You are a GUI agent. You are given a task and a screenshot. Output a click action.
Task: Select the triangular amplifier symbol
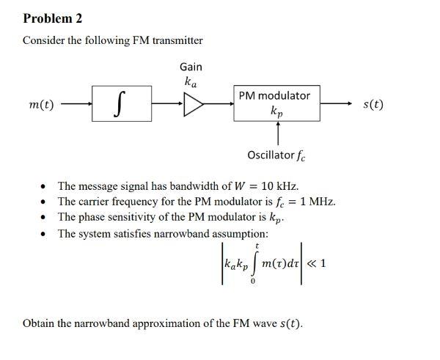[x=194, y=105]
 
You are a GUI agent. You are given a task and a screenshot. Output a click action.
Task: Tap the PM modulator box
[x=276, y=103]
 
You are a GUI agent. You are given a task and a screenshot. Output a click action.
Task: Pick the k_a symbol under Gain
[x=191, y=81]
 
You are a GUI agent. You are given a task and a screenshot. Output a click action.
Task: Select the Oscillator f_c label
[x=276, y=155]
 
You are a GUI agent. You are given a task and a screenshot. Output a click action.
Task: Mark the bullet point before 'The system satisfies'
[x=46, y=234]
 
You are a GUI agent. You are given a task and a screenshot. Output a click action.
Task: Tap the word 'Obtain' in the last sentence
[x=39, y=323]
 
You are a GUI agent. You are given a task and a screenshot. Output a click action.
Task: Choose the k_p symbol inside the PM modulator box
[x=275, y=112]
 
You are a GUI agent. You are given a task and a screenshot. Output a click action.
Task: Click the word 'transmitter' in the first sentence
[x=177, y=40]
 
